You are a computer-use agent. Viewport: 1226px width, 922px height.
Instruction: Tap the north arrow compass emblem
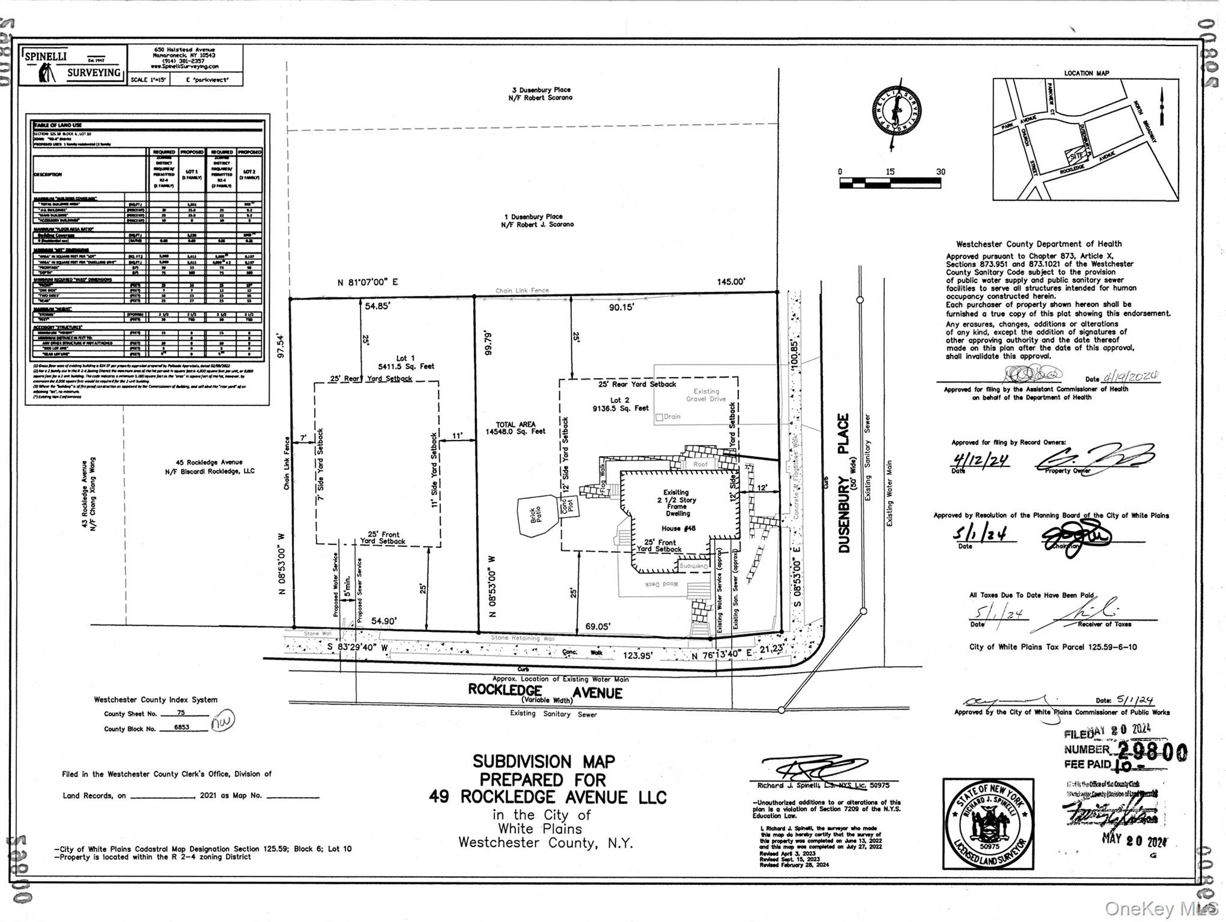coord(897,112)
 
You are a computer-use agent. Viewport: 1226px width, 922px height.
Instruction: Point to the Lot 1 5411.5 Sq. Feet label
coord(406,362)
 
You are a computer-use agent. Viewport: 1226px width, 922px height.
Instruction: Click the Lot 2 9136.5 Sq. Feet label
coord(621,404)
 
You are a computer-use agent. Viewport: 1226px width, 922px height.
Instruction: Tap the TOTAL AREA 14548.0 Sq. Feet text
coord(515,427)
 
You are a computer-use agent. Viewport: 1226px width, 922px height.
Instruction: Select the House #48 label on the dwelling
coord(678,528)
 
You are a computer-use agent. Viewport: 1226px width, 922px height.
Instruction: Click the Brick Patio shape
coord(536,514)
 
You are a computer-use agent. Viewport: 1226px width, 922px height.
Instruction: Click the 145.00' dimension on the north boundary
coord(730,281)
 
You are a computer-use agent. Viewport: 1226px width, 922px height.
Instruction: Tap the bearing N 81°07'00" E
coord(367,282)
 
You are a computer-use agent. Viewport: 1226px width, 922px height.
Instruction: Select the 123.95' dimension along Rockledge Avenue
coord(637,655)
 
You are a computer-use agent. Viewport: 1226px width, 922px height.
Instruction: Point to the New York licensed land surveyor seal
coord(988,824)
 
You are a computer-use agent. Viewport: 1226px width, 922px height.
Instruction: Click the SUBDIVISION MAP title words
coord(544,761)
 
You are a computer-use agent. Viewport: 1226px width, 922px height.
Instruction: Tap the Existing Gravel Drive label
coord(706,395)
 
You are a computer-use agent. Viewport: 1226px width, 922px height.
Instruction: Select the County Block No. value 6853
coord(181,727)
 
